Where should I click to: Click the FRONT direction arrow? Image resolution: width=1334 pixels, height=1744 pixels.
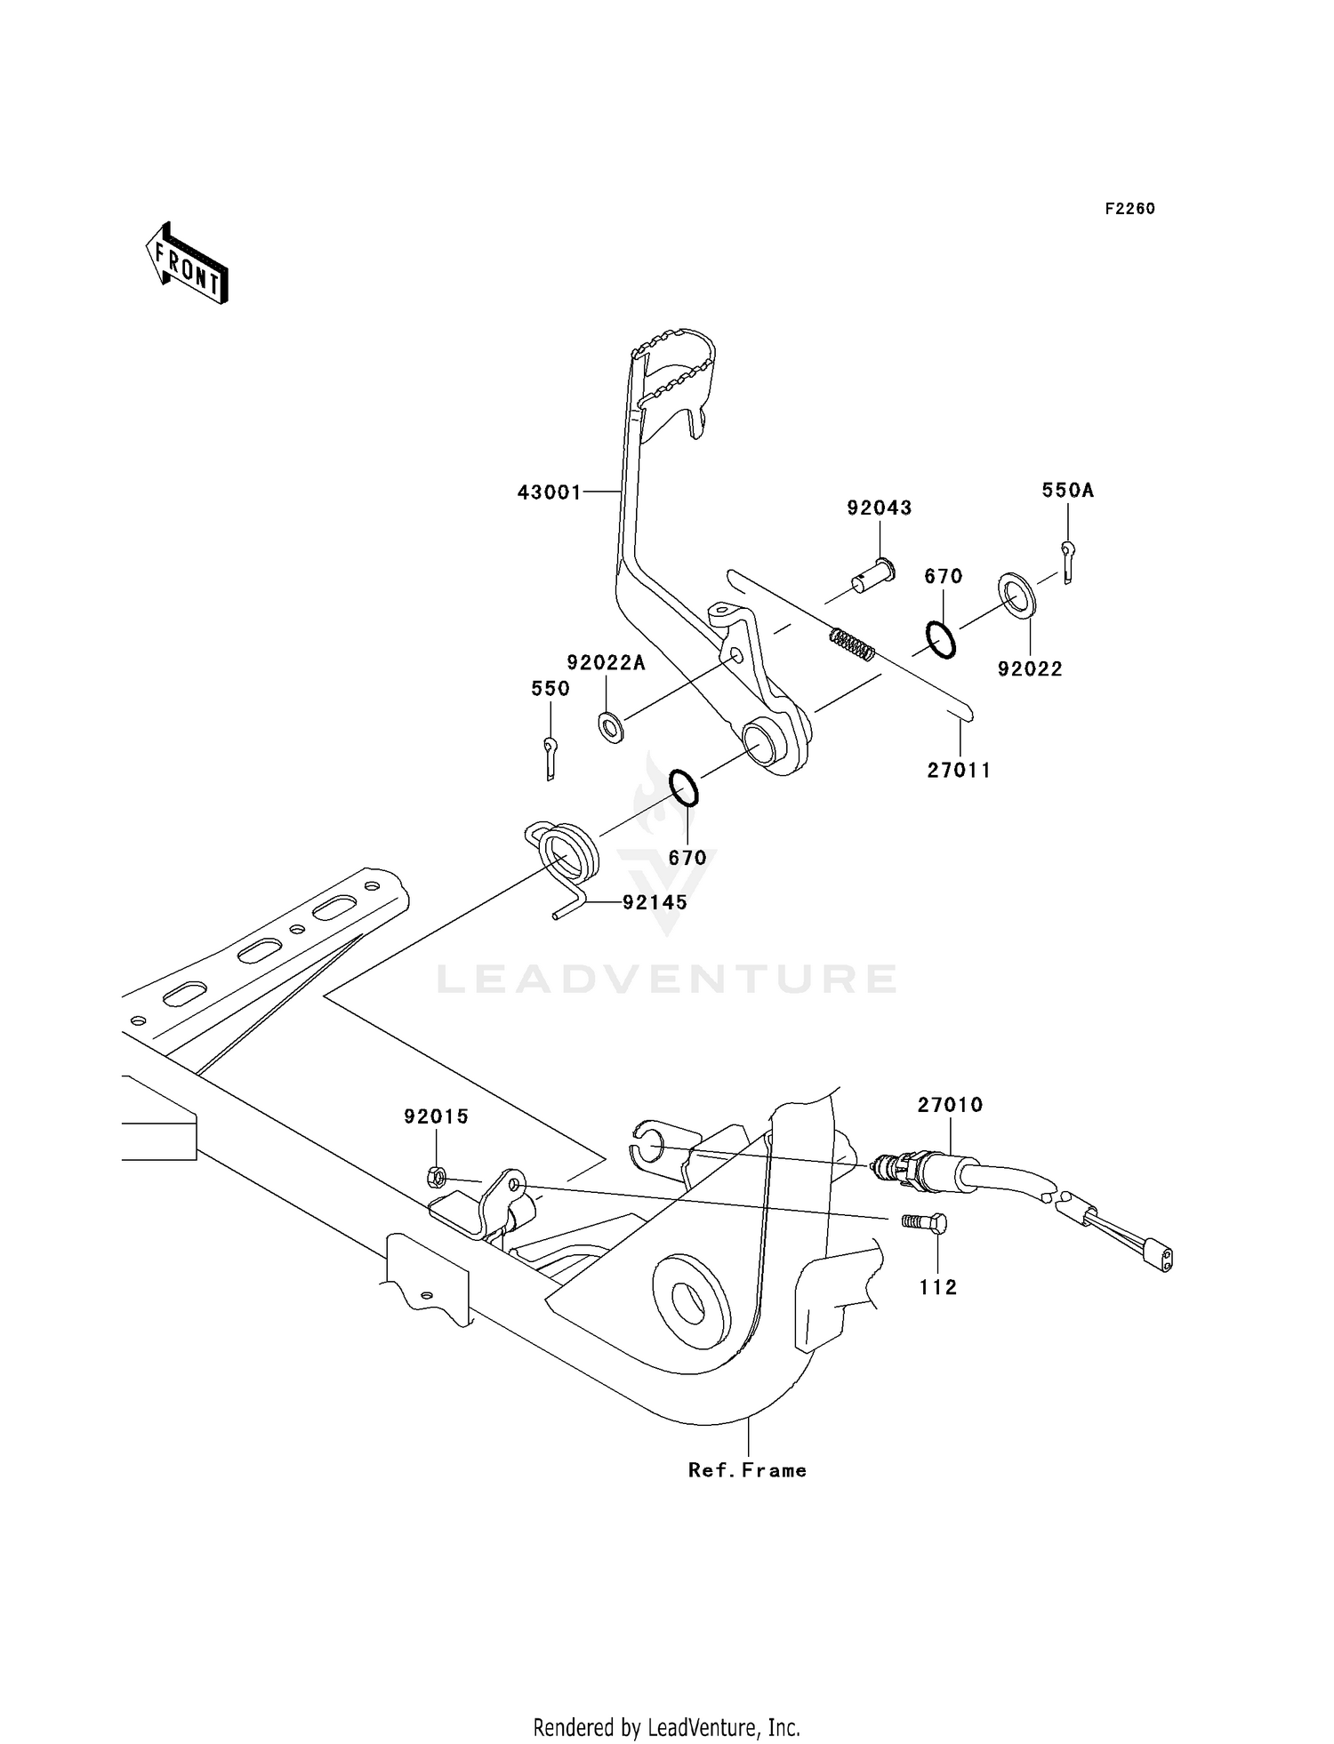pyautogui.click(x=188, y=265)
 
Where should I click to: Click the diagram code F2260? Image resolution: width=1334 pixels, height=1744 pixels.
pyautogui.click(x=1129, y=209)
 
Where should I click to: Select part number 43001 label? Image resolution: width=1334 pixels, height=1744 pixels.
pyautogui.click(x=549, y=492)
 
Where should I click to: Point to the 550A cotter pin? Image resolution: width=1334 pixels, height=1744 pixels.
pyautogui.click(x=1068, y=563)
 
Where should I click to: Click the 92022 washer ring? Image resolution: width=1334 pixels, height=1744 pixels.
pyautogui.click(x=1017, y=596)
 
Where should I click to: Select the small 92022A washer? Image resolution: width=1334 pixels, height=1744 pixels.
pyautogui.click(x=611, y=727)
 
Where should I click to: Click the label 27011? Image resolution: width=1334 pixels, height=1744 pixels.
pyautogui.click(x=959, y=771)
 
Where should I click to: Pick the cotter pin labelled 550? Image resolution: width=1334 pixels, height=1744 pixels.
pyautogui.click(x=550, y=756)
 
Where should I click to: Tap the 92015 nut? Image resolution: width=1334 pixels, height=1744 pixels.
pyautogui.click(x=436, y=1178)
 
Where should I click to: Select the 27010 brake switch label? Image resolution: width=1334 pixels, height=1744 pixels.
pyautogui.click(x=950, y=1105)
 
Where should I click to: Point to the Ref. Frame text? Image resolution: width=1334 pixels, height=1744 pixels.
pyautogui.click(x=747, y=1471)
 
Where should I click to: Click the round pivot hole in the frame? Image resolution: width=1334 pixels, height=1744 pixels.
pyautogui.click(x=689, y=1302)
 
